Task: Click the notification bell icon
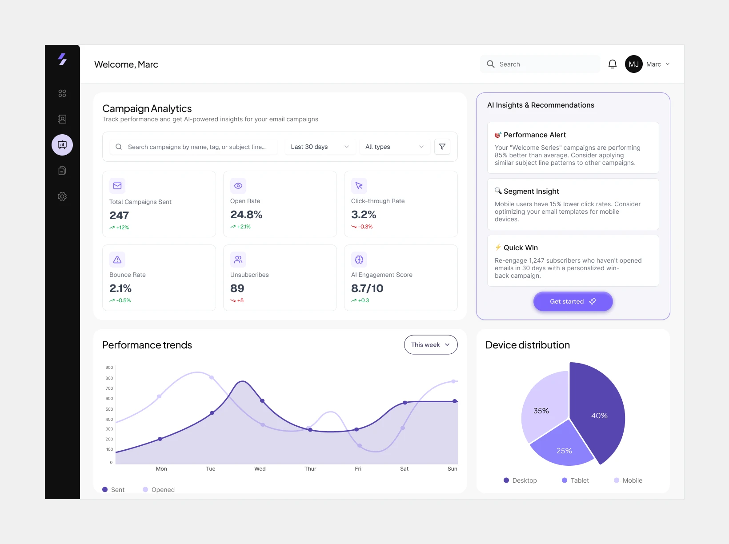click(x=612, y=64)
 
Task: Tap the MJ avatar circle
click(x=633, y=64)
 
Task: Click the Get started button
click(x=573, y=301)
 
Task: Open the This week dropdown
click(x=430, y=345)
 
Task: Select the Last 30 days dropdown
click(x=320, y=147)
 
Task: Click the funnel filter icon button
click(x=442, y=147)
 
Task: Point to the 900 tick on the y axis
click(x=109, y=368)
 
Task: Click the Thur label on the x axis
click(x=310, y=469)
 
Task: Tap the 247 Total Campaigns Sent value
click(x=119, y=216)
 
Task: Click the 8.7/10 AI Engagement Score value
click(x=367, y=288)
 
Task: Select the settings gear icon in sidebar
click(x=62, y=196)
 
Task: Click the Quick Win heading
click(x=521, y=248)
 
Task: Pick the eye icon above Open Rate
click(x=238, y=186)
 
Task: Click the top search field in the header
click(x=540, y=64)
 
